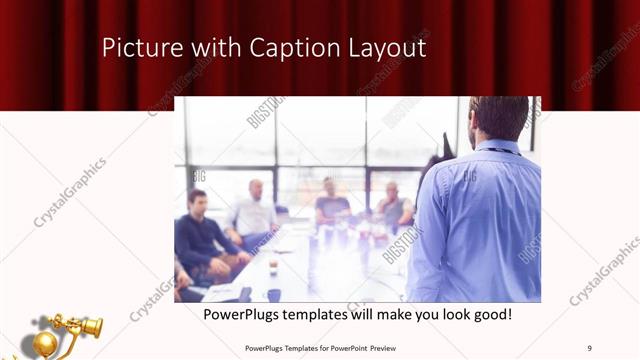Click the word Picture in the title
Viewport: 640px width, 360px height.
pyautogui.click(x=136, y=48)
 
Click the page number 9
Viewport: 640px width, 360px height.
pyautogui.click(x=590, y=347)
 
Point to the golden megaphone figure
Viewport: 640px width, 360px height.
pyautogui.click(x=70, y=330)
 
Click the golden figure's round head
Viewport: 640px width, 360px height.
pyautogui.click(x=45, y=343)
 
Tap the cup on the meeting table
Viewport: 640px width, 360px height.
pyautogui.click(x=273, y=266)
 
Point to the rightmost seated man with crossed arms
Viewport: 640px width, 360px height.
pyautogui.click(x=393, y=207)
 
